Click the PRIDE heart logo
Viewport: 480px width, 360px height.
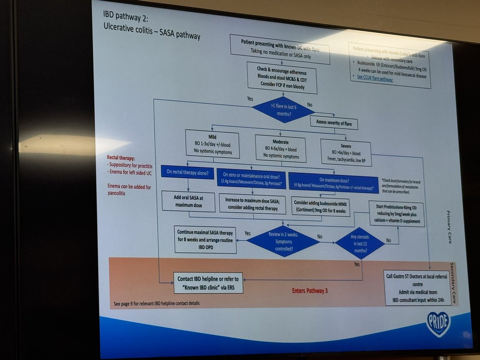click(x=438, y=323)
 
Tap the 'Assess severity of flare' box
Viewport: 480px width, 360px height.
click(x=334, y=123)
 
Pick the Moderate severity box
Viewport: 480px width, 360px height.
click(x=280, y=148)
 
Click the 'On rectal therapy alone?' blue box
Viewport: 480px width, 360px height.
click(x=188, y=172)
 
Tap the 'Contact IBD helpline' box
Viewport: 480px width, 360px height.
click(x=208, y=282)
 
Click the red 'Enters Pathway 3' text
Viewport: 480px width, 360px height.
click(x=310, y=291)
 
